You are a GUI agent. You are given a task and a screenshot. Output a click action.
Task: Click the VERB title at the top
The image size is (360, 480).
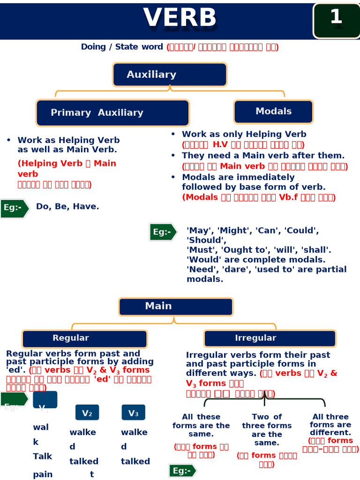180,18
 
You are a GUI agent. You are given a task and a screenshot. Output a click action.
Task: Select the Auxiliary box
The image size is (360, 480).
170,75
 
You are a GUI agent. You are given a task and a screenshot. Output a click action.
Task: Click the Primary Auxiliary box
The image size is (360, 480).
112,113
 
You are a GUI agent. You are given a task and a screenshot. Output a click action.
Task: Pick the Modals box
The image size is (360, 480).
273,112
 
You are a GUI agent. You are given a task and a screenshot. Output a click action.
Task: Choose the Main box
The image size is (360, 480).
176,307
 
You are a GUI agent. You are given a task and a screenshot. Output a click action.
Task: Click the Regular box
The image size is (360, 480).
84,338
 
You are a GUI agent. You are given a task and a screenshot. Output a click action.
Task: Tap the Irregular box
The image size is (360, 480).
270,338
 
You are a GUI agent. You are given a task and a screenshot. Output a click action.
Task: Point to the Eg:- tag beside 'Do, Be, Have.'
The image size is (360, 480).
14,208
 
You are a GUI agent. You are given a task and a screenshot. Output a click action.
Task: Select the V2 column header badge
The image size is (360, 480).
87,413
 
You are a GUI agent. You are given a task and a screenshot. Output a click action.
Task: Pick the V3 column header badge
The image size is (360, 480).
133,413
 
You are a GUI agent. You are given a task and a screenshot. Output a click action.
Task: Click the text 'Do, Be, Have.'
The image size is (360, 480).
67,206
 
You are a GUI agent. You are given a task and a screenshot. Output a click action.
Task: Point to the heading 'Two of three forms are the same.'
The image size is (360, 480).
267,429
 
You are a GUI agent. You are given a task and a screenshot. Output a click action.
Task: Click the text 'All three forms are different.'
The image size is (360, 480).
330,424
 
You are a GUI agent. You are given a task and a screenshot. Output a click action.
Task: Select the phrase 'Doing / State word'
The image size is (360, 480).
122,47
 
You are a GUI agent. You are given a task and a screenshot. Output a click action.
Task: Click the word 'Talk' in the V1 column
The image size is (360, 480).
43,456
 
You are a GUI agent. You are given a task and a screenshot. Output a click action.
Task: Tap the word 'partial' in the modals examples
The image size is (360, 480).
331,269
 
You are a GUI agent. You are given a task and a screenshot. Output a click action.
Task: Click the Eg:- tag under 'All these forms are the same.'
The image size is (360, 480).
182,471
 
